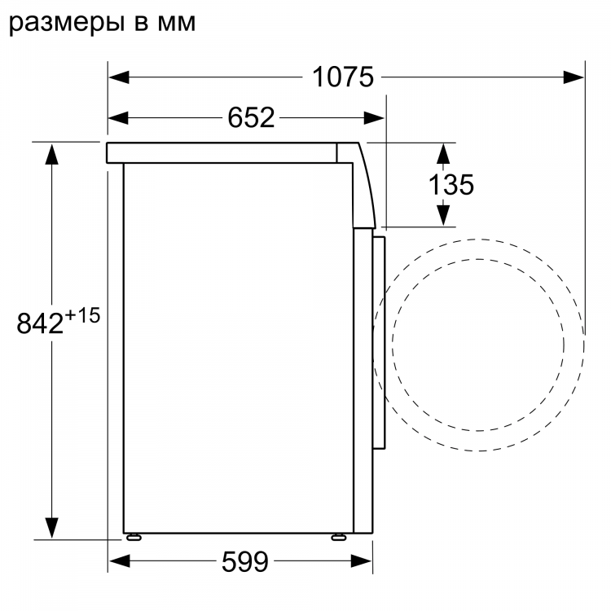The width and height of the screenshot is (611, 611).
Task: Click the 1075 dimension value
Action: (x=343, y=77)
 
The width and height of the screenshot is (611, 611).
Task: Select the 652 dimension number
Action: (x=250, y=118)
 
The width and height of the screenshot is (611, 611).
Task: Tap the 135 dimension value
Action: (x=451, y=185)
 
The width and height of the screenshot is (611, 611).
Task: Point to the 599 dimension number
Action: (x=244, y=561)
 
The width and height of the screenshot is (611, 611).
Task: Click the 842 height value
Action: (x=40, y=324)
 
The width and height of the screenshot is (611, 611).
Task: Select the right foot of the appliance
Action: (x=336, y=538)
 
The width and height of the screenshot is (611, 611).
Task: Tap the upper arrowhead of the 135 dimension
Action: (x=443, y=152)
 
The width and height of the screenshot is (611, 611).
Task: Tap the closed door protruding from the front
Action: (x=379, y=342)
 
